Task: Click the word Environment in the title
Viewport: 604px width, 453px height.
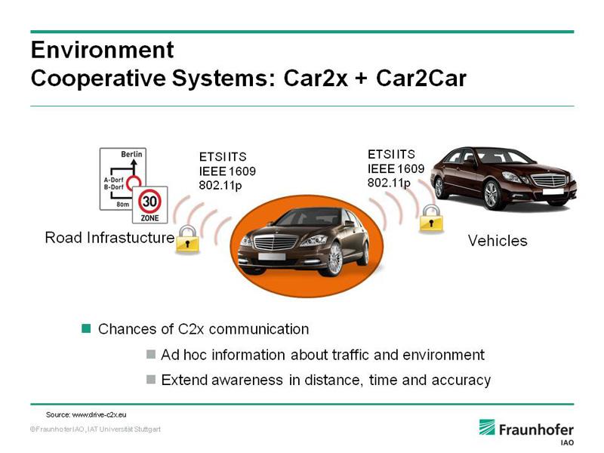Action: [x=102, y=50]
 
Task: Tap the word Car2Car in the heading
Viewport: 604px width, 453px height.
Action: [x=421, y=78]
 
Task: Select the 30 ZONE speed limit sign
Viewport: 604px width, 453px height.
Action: [x=149, y=205]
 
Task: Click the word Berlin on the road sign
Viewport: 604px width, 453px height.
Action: [x=131, y=154]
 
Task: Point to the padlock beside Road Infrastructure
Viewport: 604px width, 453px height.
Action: [x=187, y=239]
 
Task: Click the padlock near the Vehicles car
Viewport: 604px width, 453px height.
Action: [x=431, y=218]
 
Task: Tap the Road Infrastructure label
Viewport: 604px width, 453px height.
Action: [x=109, y=237]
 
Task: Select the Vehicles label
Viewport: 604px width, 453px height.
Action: [x=498, y=241]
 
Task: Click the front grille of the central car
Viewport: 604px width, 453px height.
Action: [x=276, y=242]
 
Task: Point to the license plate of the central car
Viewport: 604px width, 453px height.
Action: [x=272, y=257]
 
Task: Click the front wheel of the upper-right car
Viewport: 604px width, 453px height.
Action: [x=492, y=195]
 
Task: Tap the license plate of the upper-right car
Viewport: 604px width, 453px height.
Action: [x=553, y=191]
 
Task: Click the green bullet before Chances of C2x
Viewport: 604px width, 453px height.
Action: [x=86, y=328]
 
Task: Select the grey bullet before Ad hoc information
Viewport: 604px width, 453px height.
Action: [x=151, y=354]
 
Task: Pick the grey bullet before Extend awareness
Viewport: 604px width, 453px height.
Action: [x=151, y=380]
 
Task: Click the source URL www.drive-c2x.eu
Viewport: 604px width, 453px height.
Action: [x=99, y=414]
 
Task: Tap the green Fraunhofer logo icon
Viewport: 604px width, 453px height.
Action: [x=487, y=427]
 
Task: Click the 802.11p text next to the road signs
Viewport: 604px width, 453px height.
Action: [x=220, y=185]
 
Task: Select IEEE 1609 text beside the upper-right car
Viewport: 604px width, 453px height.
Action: [x=396, y=168]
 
